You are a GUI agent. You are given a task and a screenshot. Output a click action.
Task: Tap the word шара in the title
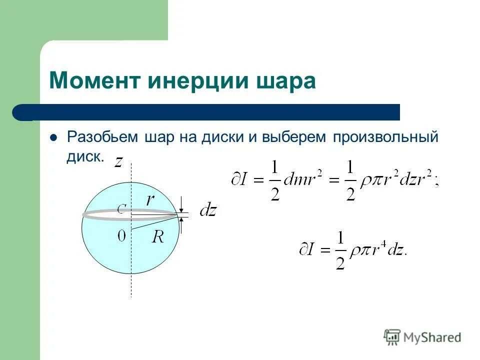tap(290, 81)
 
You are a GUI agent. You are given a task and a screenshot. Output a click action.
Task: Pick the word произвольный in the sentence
tap(383, 137)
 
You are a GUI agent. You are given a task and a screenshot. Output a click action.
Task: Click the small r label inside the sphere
tap(150, 200)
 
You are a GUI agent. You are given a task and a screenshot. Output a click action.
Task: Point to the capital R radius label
tap(158, 236)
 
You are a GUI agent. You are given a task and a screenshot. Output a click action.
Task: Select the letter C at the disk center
tap(121, 209)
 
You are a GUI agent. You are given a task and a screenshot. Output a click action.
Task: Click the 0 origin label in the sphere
tap(121, 235)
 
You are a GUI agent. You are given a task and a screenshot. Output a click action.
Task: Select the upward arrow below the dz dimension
tap(182, 226)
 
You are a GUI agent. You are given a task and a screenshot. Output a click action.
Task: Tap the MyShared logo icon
tap(392, 337)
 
